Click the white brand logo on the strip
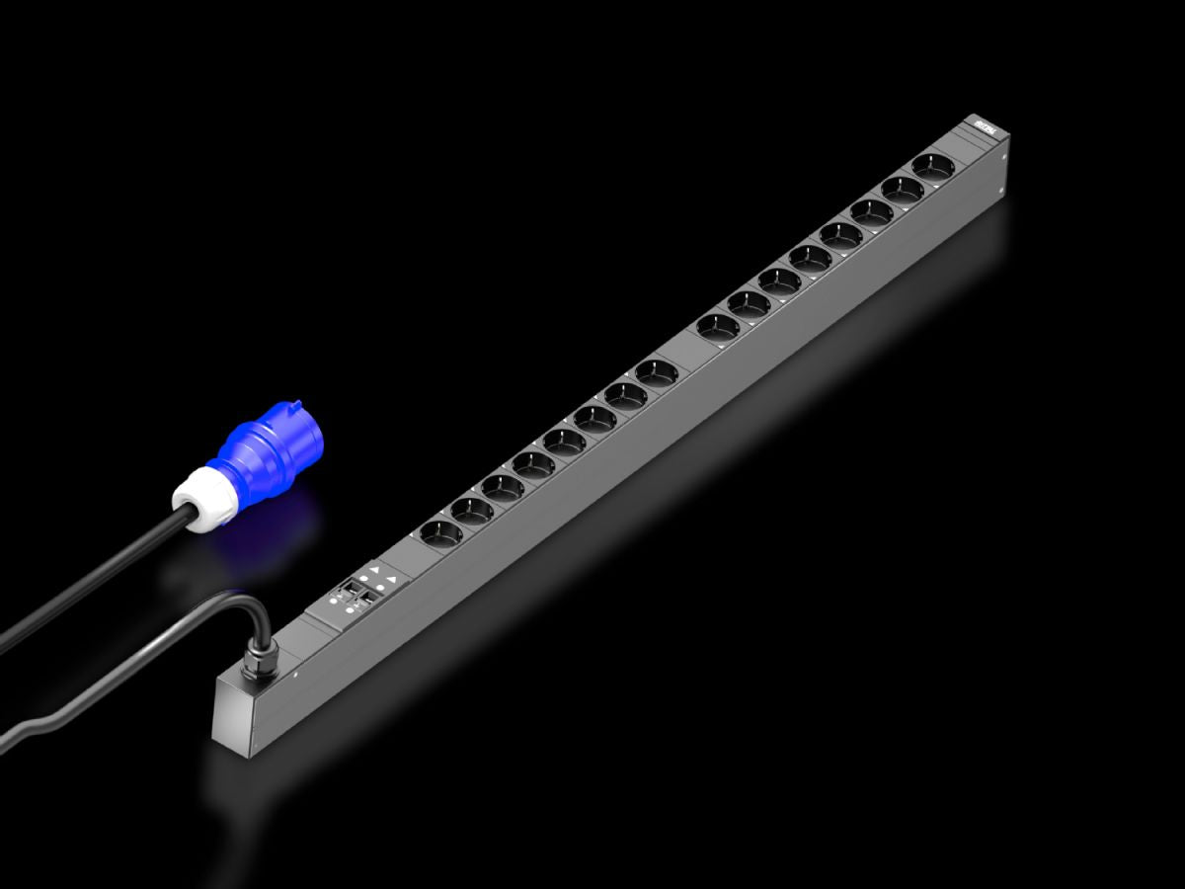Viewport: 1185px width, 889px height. coord(982,125)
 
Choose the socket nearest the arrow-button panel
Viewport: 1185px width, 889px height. coord(440,533)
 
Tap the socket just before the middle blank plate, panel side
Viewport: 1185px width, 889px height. coord(656,372)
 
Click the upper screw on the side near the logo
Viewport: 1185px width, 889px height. coord(1005,153)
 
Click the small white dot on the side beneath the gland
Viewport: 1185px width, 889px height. coord(295,677)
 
